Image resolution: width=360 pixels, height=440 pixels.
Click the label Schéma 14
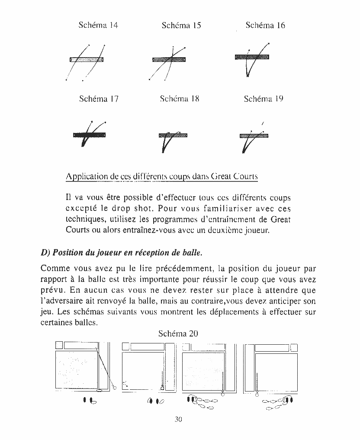98,25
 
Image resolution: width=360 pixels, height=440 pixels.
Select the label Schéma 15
181,25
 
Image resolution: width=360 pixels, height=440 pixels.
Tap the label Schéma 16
265,25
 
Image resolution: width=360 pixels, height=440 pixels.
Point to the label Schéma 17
99,99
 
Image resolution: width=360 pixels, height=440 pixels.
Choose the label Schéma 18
180,99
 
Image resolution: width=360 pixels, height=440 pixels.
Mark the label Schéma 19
264,99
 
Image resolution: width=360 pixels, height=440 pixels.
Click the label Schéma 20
178,333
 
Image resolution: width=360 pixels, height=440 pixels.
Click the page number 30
178,419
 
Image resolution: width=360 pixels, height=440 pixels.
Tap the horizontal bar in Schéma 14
87,59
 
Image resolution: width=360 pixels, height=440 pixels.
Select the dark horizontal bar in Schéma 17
90,135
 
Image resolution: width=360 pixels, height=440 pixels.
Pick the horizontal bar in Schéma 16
252,57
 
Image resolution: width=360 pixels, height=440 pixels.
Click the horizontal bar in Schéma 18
173,135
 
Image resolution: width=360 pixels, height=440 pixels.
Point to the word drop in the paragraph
130,208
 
